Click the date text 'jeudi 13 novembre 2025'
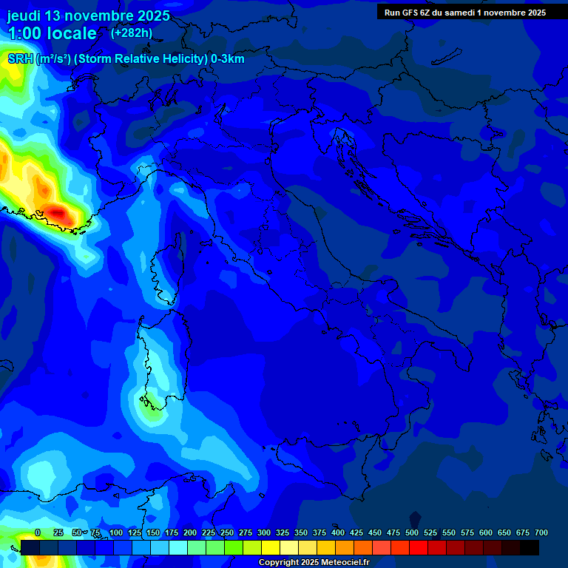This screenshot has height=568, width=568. pos(88,16)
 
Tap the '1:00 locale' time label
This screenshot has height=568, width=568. pos(53,33)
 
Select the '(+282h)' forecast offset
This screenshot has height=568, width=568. pos(131,33)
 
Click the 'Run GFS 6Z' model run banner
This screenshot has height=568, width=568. pos(464,12)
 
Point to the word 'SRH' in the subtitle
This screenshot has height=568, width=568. pos(20,58)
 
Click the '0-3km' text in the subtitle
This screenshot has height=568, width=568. pos(227,58)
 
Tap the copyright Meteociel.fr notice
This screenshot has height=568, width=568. pos(313,562)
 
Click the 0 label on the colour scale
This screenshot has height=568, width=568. pos(38,532)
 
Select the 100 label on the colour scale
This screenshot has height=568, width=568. pos(116,532)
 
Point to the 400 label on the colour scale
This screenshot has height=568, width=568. pos(338,532)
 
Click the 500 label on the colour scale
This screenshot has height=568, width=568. pos(412,532)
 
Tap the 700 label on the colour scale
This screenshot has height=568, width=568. pos(541,532)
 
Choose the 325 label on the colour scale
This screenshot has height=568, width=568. pos(283,532)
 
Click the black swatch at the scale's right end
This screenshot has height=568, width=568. pos(530,547)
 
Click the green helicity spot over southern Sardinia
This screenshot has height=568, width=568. pos(151,408)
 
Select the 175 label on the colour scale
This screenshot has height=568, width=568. pos(172,532)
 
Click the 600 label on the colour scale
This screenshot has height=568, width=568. pos(486,532)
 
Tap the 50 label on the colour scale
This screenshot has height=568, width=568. pos(77,532)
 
